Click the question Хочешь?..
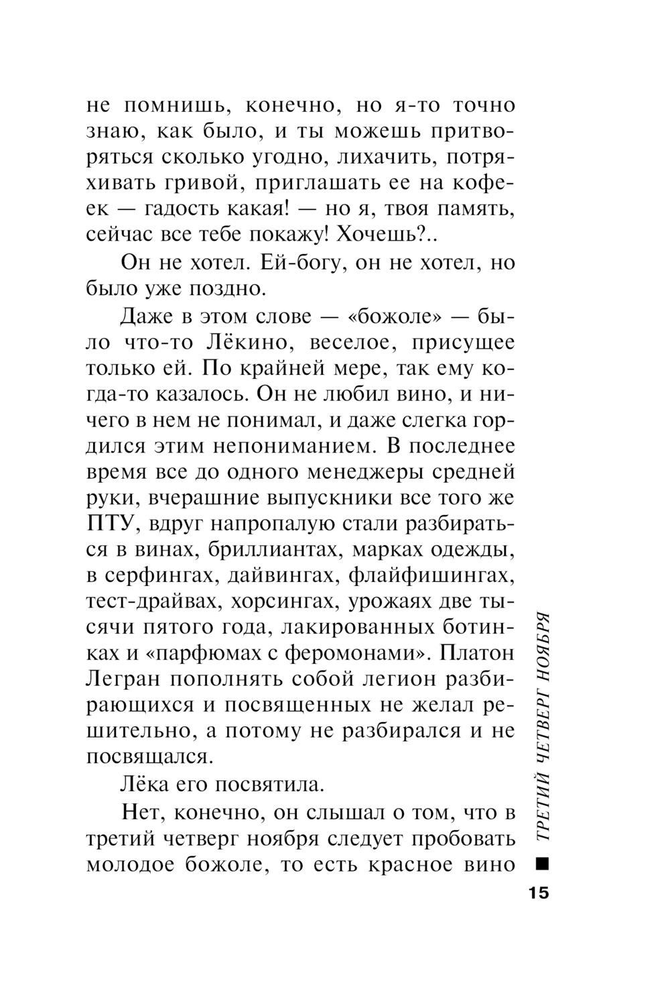tap(388, 233)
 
